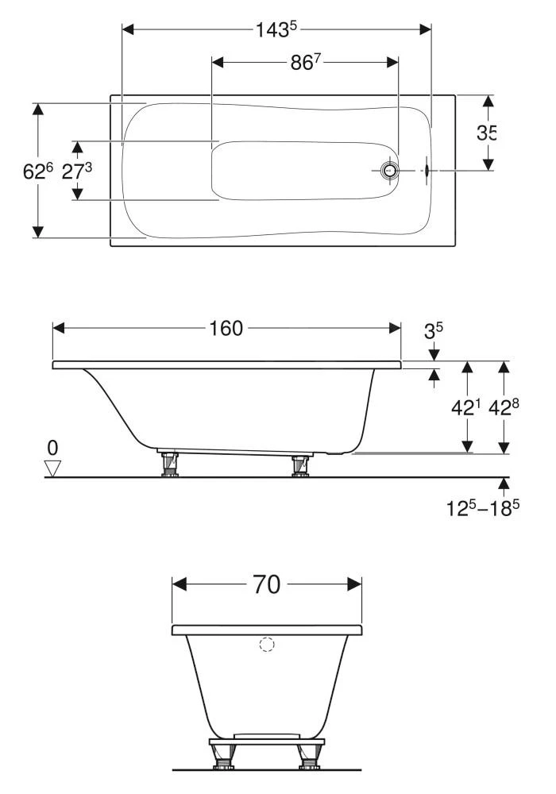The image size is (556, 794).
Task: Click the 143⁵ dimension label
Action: (x=276, y=30)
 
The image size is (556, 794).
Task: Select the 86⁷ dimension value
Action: (x=306, y=62)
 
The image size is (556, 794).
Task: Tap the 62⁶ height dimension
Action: (x=38, y=172)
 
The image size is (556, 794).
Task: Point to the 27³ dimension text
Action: (x=77, y=172)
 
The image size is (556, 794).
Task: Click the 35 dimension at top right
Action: (x=486, y=133)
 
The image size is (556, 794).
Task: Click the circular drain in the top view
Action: (x=390, y=171)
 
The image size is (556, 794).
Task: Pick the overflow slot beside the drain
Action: (x=427, y=171)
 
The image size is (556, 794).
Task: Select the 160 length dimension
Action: (x=226, y=328)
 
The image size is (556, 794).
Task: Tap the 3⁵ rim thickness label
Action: (x=433, y=331)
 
